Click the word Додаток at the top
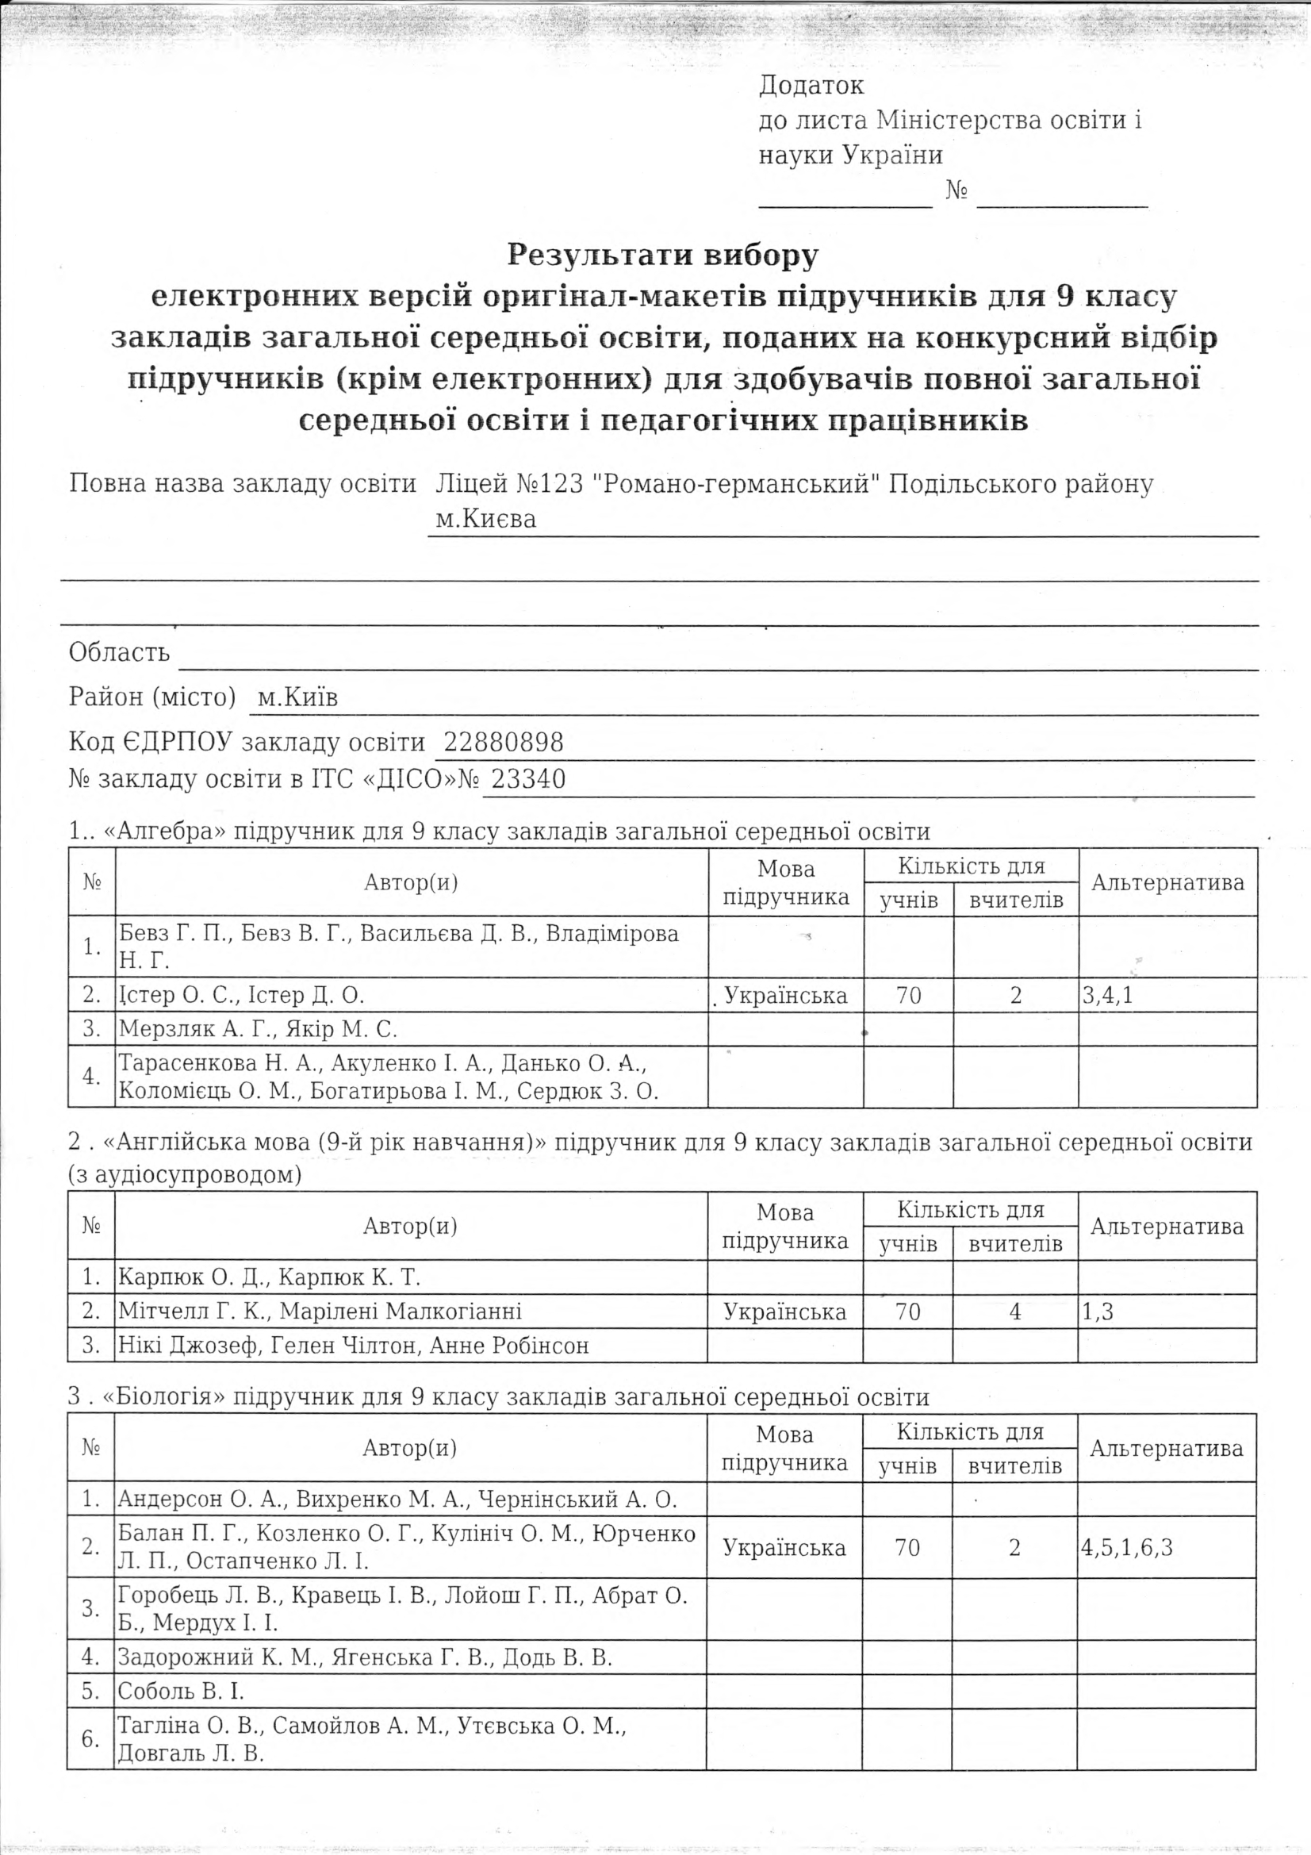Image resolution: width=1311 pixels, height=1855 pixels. pyautogui.click(x=811, y=85)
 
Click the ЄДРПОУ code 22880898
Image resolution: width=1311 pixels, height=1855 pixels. pyautogui.click(x=504, y=743)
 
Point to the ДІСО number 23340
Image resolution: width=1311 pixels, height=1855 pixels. pyautogui.click(x=528, y=779)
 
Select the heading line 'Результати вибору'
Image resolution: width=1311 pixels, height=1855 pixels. pyautogui.click(x=662, y=255)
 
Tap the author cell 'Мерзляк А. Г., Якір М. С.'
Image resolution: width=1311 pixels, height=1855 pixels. pyautogui.click(x=259, y=1029)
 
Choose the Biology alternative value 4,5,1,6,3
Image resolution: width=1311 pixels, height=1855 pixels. pyautogui.click(x=1128, y=1546)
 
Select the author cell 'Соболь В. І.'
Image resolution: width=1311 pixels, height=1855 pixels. pyautogui.click(x=181, y=1690)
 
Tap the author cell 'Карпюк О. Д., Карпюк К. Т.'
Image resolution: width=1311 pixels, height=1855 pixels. pyautogui.click(x=270, y=1277)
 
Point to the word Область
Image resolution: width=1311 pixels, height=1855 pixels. pyautogui.click(x=120, y=652)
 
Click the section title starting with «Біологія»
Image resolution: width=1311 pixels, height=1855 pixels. pyautogui.click(x=499, y=1397)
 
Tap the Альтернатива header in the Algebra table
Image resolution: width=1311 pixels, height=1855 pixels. pyautogui.click(x=1167, y=882)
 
